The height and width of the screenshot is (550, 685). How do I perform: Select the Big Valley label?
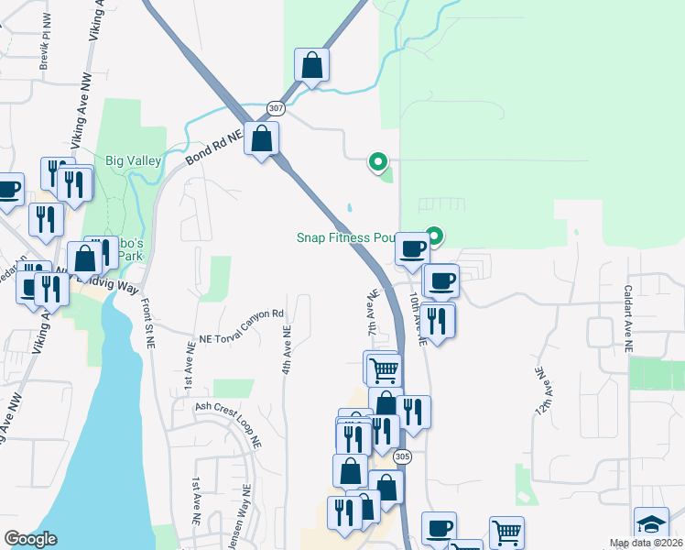(x=134, y=160)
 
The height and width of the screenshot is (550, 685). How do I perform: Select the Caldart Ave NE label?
(x=628, y=318)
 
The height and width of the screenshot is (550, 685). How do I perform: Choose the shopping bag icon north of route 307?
(x=311, y=65)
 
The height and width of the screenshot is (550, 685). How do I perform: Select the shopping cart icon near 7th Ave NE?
(x=384, y=370)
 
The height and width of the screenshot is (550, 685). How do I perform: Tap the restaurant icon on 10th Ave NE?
(x=439, y=320)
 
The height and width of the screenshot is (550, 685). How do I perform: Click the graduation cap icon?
(x=651, y=524)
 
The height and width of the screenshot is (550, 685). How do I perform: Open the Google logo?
(x=30, y=539)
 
